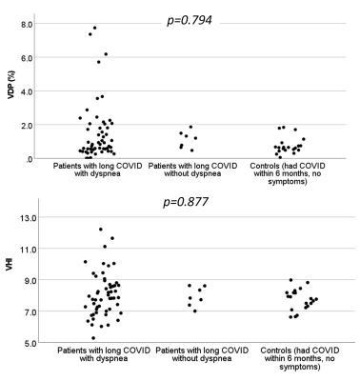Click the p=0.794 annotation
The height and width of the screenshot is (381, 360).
click(190, 21)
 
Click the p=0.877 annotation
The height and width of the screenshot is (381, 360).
click(186, 202)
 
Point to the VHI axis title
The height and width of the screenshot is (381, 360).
click(10, 264)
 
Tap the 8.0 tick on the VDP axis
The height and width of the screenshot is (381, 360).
click(26, 24)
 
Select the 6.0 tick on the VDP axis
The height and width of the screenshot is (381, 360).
click(26, 58)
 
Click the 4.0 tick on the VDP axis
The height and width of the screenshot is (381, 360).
click(26, 91)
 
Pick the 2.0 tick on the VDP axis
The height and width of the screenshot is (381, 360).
click(26, 125)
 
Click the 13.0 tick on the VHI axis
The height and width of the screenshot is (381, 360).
click(29, 217)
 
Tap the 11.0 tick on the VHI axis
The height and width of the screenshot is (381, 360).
click(29, 249)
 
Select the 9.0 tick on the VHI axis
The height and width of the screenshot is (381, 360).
click(30, 280)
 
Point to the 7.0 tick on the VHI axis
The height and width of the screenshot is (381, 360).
click(30, 311)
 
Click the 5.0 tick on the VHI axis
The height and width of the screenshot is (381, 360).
click(30, 343)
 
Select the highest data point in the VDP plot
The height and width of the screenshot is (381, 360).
click(94, 28)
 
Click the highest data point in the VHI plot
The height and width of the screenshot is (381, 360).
click(101, 230)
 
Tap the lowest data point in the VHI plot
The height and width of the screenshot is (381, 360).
click(93, 338)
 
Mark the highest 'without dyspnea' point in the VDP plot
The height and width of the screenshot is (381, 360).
click(190, 127)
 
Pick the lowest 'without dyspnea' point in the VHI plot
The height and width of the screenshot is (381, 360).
click(195, 311)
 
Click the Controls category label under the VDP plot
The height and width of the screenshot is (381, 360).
click(288, 173)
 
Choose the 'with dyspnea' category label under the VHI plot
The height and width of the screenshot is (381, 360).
click(104, 354)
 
